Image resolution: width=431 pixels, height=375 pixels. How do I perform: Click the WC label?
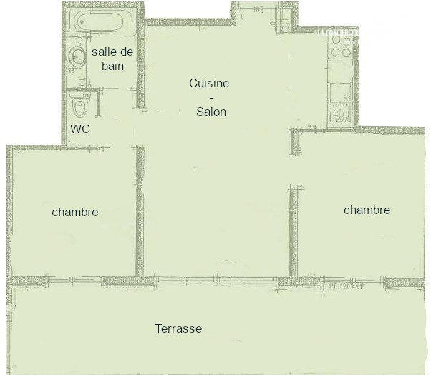80,130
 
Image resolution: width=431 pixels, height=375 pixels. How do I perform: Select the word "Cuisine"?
209,84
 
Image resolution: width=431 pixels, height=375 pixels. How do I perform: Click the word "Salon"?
211,112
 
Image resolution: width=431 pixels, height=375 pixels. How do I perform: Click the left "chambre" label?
74,213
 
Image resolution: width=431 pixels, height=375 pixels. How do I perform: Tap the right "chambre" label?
367,210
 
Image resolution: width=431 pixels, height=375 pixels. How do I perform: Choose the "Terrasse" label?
178,329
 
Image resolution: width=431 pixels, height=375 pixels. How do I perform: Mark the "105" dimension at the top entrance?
258,11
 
